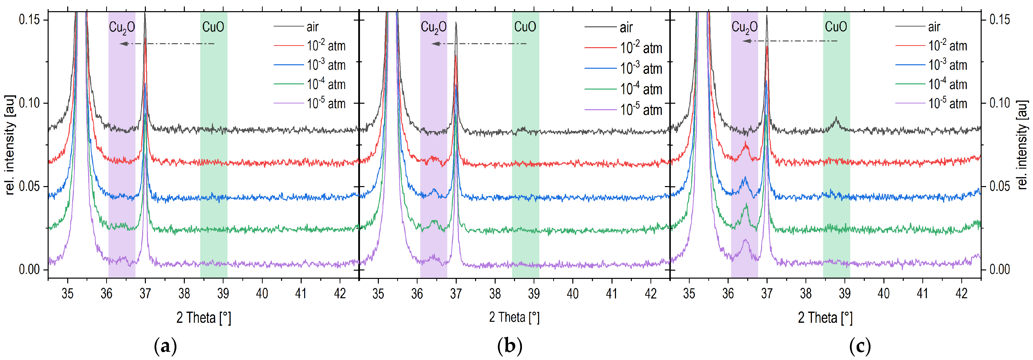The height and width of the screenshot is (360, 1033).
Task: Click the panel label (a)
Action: [165, 346]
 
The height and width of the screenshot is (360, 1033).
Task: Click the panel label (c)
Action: [860, 346]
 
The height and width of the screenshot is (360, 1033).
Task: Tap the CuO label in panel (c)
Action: [836, 27]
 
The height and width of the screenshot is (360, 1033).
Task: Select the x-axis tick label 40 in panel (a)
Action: [262, 294]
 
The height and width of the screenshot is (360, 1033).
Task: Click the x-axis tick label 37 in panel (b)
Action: [456, 294]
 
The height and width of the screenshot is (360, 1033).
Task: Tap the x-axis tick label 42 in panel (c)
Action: [961, 294]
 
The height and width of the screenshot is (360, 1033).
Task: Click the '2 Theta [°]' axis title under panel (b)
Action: [514, 318]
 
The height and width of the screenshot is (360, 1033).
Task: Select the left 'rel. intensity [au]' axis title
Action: [10, 145]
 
